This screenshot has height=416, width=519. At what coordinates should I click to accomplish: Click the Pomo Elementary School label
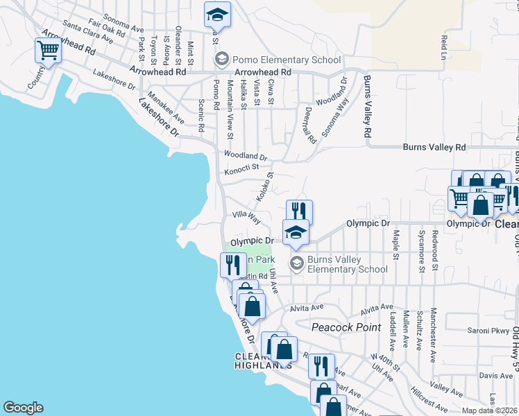(286, 60)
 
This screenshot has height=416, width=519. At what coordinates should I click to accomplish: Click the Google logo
(23, 408)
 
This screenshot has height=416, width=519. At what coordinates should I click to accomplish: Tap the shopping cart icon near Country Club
(48, 51)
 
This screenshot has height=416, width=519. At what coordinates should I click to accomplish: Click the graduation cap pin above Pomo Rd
(217, 15)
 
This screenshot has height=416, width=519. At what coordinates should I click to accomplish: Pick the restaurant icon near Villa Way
(299, 211)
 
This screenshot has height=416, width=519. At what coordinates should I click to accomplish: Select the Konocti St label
(241, 168)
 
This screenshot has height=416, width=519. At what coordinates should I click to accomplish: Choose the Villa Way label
(246, 218)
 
